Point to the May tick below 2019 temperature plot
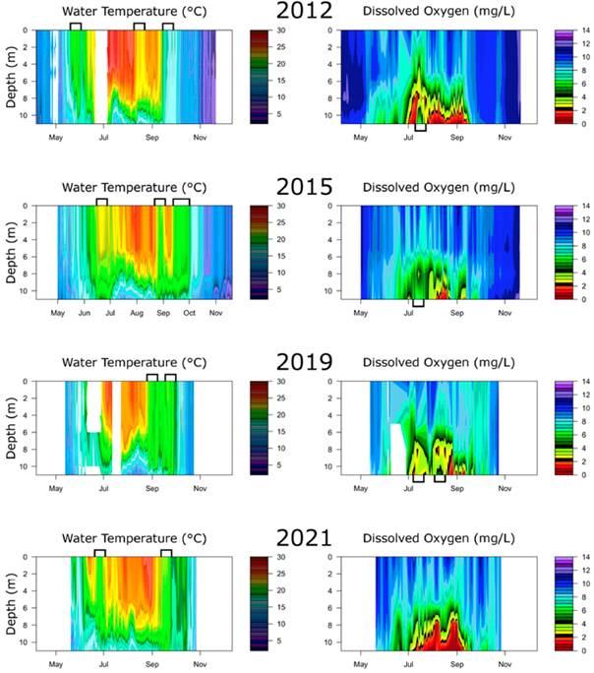tap(56, 489)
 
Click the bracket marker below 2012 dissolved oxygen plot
tap(420, 127)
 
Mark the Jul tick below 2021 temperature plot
tap(104, 665)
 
